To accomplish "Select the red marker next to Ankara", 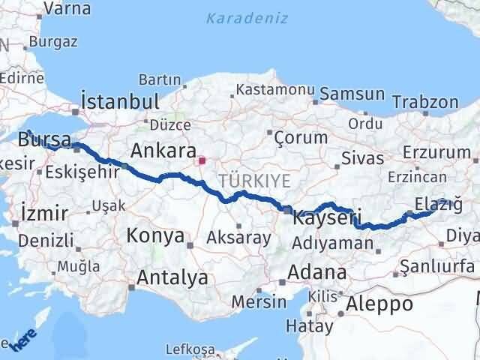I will [x=201, y=159].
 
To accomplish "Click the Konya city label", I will [x=156, y=235].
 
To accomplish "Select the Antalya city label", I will [x=172, y=277].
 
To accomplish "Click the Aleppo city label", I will [x=379, y=304].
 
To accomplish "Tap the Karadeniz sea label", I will [x=247, y=18].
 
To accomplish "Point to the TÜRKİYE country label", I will [x=244, y=180].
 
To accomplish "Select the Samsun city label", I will [x=352, y=95].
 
